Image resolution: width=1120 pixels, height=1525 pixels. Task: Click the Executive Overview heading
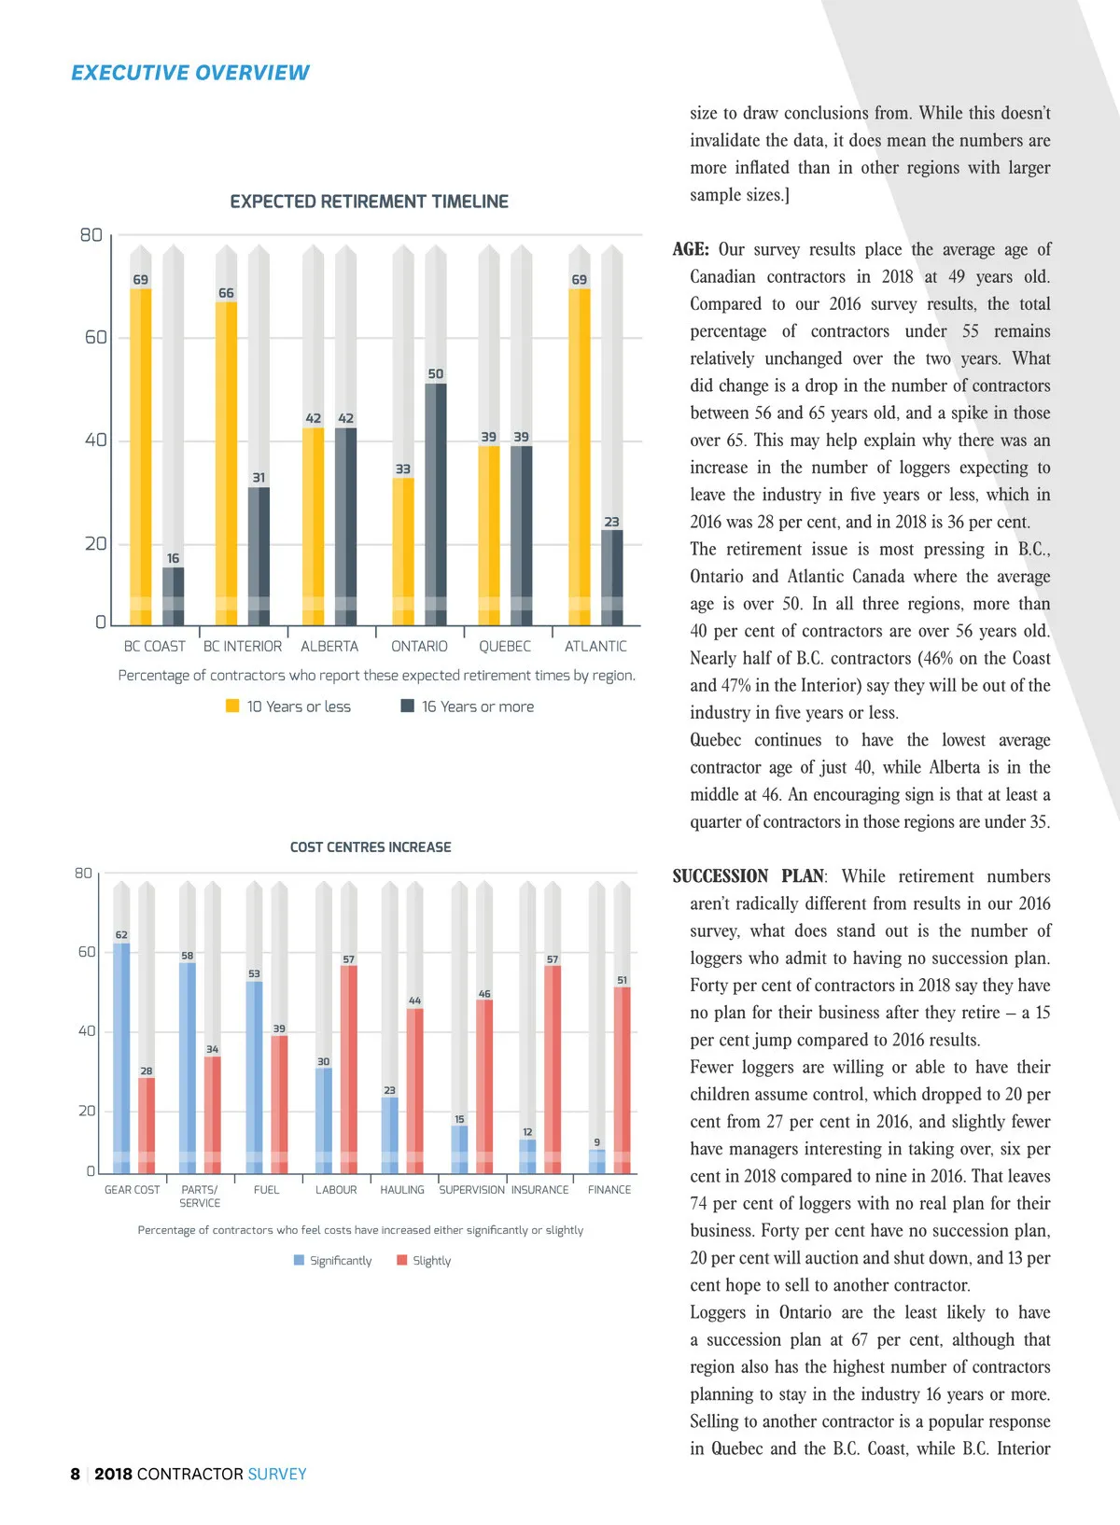tap(189, 73)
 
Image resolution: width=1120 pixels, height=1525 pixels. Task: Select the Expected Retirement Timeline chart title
tap(369, 202)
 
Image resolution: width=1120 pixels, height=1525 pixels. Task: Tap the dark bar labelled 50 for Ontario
tap(436, 504)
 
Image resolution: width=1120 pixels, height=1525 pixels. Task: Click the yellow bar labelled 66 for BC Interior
tap(226, 462)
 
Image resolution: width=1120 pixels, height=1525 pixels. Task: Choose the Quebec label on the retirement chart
tap(505, 646)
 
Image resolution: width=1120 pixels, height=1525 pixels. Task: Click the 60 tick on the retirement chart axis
tap(96, 337)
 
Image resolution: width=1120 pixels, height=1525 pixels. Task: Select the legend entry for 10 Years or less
tap(289, 707)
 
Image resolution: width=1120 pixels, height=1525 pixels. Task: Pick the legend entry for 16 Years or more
tap(469, 707)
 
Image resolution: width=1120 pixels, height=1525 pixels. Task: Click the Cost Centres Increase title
tap(371, 847)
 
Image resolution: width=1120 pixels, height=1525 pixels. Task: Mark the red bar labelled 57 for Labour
tap(348, 1069)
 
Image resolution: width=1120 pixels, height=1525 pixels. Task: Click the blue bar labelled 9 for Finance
tap(597, 1161)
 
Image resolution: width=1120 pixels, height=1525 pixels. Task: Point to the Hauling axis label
tap(402, 1190)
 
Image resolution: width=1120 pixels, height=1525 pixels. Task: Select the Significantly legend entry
tap(333, 1260)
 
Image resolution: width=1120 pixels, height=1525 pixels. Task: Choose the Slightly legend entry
tap(425, 1260)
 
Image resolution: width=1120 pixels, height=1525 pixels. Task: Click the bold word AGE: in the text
tap(691, 249)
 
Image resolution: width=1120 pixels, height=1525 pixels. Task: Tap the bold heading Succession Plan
tap(749, 876)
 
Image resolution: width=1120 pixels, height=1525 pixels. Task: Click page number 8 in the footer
tap(76, 1475)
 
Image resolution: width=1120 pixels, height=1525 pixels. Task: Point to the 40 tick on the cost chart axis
tap(87, 1031)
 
